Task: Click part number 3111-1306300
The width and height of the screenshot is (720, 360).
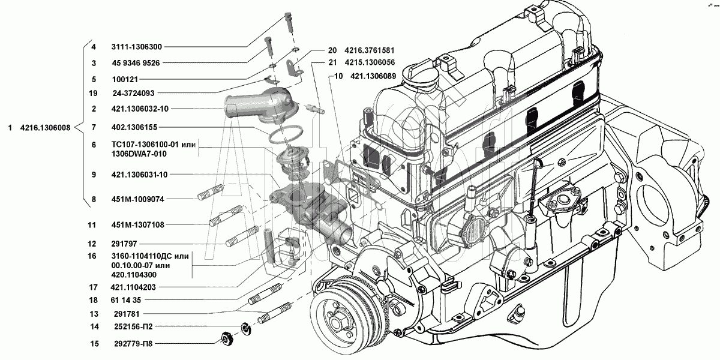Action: click(x=136, y=46)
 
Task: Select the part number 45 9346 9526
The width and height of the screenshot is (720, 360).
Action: click(x=135, y=62)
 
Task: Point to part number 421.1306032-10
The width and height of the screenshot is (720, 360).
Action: click(x=139, y=109)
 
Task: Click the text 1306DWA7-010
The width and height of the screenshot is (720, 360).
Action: click(x=139, y=154)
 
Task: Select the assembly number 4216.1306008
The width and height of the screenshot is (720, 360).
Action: click(x=45, y=127)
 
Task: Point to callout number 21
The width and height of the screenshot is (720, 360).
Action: click(x=332, y=62)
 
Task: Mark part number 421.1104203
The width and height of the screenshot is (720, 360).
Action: click(x=136, y=287)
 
